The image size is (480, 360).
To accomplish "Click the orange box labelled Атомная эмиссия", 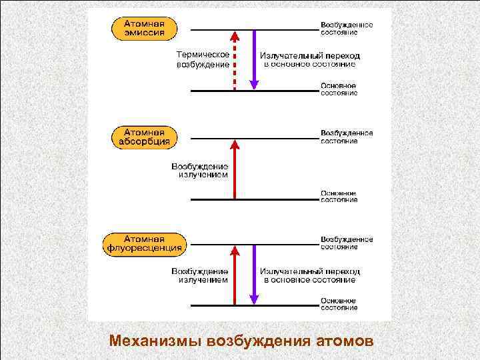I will point(145,29).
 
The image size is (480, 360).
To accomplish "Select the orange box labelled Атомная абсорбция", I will point(145,137).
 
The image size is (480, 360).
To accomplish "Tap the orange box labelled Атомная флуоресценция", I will point(144,244).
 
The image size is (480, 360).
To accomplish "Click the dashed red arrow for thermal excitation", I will point(234,60).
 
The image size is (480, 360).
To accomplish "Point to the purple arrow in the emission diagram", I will point(253,60).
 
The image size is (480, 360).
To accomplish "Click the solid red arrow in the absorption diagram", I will point(234,169).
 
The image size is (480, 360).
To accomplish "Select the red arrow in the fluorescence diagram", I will point(234,275).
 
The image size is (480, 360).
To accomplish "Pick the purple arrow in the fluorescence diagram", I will point(253,275).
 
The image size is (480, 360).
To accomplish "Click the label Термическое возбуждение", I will point(203,59).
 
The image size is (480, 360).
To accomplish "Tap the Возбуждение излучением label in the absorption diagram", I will point(200,170).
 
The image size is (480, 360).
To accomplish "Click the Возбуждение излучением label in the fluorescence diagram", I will point(200,275).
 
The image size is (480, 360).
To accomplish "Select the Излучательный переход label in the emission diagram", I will point(309,60).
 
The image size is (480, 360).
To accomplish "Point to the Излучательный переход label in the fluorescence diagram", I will point(309,275).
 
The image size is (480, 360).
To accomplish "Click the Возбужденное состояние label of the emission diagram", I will point(346,28).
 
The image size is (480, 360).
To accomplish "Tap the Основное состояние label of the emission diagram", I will point(339,89).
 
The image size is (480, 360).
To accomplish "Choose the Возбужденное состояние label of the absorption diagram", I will point(346,136).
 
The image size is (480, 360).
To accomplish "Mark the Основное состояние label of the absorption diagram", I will point(339,196).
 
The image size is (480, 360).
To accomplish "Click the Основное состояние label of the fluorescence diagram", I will point(339,304).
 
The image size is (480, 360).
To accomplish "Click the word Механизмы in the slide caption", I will point(155,341).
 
